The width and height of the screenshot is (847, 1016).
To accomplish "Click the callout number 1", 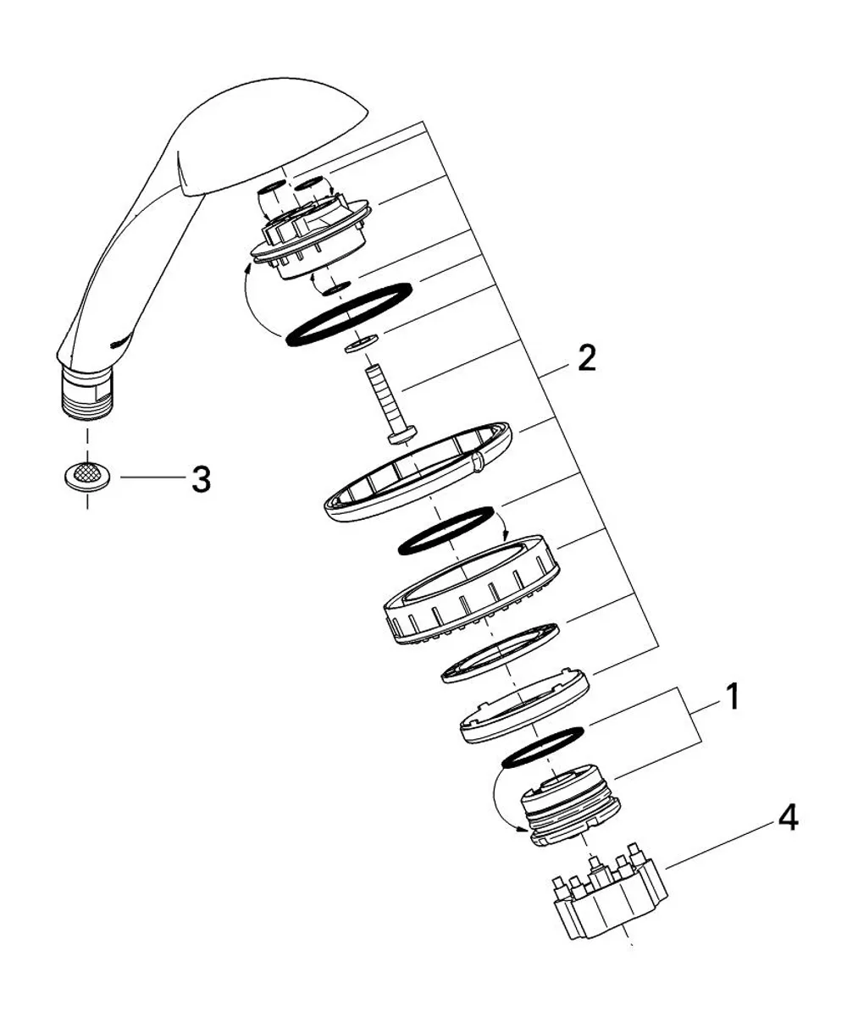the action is (x=732, y=696).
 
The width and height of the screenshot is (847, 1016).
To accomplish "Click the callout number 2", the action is (x=587, y=358).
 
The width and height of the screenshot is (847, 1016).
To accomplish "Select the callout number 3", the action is (x=201, y=478).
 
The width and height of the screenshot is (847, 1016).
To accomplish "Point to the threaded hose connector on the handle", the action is (x=86, y=393).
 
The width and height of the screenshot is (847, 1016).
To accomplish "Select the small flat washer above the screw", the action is (x=361, y=343).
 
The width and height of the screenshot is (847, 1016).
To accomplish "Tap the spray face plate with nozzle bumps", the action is (x=471, y=591).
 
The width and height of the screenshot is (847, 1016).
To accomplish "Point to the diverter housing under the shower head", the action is (x=310, y=233).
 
